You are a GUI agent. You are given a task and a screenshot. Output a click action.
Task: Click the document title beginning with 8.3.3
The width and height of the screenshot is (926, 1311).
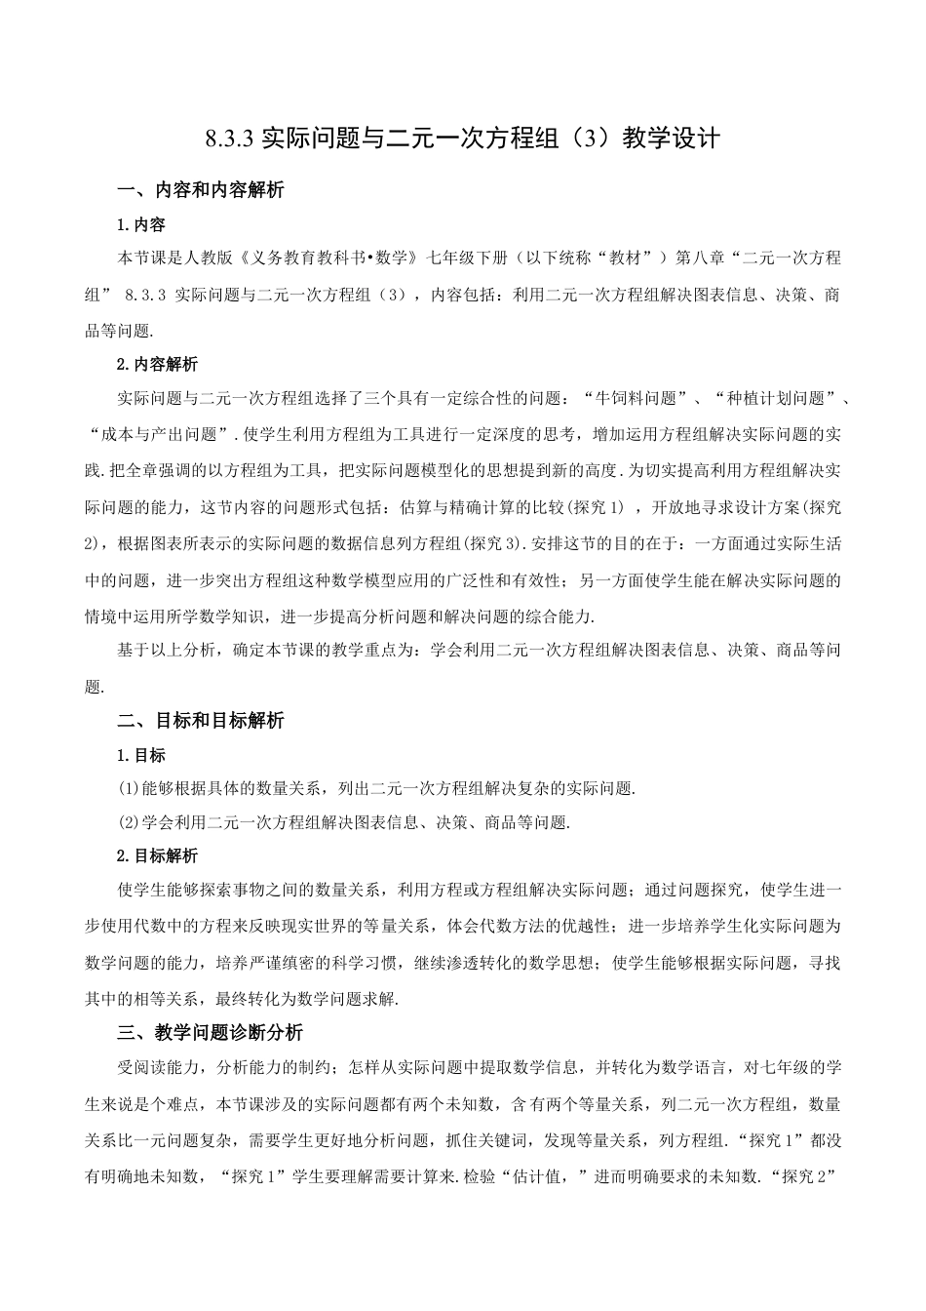[x=463, y=139]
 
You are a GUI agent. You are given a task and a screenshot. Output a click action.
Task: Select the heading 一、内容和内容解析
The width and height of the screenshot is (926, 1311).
[x=200, y=190]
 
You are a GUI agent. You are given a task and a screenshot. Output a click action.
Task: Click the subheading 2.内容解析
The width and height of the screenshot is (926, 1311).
[x=157, y=364]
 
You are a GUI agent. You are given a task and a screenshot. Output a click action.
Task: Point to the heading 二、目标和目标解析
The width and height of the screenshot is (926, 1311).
[x=200, y=721]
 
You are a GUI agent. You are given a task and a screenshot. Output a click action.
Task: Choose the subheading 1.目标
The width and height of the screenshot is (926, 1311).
[x=141, y=755]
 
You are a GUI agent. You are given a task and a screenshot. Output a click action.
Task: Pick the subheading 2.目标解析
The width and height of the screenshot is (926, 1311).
[x=157, y=855]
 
